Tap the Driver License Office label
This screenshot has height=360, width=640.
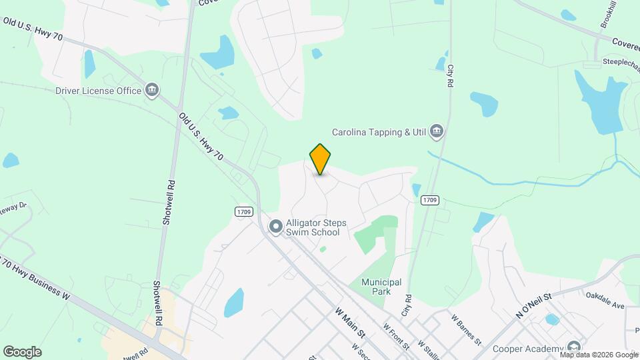coord(99,91)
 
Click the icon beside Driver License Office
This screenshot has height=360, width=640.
coord(152,91)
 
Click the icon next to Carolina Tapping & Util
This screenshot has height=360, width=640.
coord(437,131)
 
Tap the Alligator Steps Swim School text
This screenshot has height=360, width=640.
coord(313,228)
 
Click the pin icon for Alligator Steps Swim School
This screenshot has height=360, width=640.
coord(275,228)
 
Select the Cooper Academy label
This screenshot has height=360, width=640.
coord(528,349)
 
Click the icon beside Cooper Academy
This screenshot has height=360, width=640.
coord(573,347)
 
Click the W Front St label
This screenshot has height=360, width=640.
coord(397,336)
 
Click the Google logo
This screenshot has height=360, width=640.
coord(22,352)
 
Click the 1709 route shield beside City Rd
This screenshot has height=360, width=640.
coord(430,200)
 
